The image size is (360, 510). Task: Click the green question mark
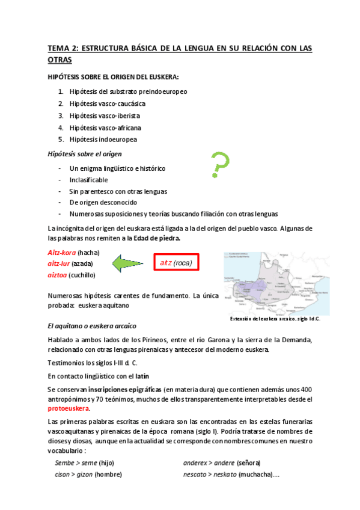tap(219, 165)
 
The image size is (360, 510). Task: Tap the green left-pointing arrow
tap(127, 263)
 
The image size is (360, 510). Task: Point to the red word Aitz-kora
tap(61, 252)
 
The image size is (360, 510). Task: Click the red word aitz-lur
tap(59, 263)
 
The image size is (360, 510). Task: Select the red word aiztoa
tap(57, 275)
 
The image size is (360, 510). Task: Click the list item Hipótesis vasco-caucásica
tap(107, 103)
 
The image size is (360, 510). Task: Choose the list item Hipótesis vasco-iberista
tap(105, 115)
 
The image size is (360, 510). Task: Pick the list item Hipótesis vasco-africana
tap(105, 127)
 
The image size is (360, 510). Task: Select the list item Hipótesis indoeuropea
tap(103, 140)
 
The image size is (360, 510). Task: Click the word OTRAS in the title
tap(59, 60)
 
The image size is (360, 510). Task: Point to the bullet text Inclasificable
tap(89, 180)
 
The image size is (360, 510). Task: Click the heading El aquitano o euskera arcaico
tap(90, 325)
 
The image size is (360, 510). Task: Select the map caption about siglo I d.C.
tap(275, 319)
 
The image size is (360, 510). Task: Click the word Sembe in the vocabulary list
tap(64, 462)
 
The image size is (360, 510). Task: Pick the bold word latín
tap(142, 376)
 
